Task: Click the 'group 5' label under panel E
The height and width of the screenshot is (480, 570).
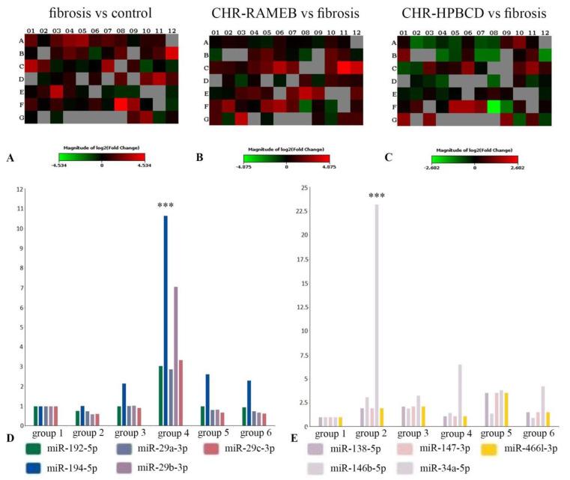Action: (x=499, y=433)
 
